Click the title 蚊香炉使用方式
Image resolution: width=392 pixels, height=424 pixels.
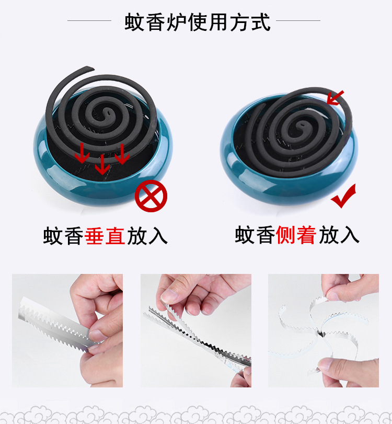coord(198,22)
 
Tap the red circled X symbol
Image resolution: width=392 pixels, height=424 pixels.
coord(151,197)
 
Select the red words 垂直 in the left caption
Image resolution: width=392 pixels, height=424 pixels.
coord(105,236)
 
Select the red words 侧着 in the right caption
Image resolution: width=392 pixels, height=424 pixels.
coord(296,236)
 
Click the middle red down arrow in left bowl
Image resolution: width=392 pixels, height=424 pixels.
coord(102,164)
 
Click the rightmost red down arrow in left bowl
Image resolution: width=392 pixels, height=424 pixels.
coord(122,155)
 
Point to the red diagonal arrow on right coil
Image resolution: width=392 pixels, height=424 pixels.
coord(335,97)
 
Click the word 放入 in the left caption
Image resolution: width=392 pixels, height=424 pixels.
coord(147,236)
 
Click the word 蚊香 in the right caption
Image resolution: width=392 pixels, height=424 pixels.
coord(255,236)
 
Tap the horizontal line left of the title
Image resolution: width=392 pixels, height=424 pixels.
coord(89,21)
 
